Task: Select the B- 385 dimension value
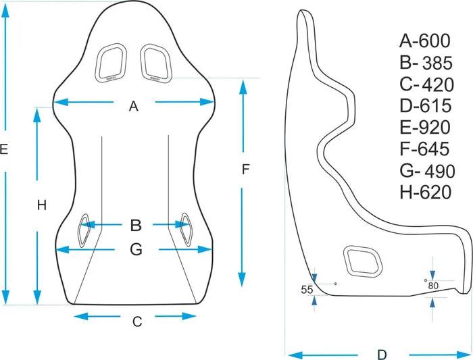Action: click(425, 63)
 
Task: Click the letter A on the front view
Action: click(133, 105)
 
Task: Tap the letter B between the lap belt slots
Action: click(135, 225)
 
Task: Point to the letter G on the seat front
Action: click(135, 250)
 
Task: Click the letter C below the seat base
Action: click(136, 322)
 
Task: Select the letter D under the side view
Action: click(381, 354)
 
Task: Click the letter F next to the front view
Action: click(246, 170)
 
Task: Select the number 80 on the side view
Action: click(433, 286)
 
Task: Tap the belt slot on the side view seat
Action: click(364, 261)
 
